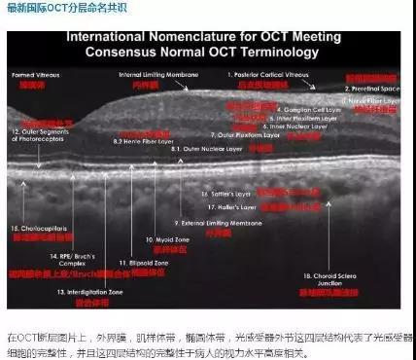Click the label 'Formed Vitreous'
(31, 75)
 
